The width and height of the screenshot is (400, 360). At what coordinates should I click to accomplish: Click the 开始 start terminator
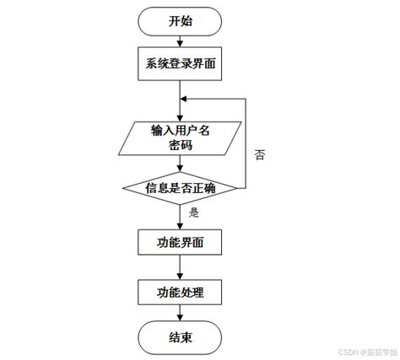(181, 21)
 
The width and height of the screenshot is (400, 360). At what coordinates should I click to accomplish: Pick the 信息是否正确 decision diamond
(181, 188)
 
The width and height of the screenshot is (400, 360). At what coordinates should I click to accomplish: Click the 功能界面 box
(181, 244)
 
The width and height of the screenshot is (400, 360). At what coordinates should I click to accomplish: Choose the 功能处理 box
(181, 293)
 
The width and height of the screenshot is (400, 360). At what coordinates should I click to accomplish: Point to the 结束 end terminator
(181, 338)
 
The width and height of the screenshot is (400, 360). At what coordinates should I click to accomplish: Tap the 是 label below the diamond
(194, 213)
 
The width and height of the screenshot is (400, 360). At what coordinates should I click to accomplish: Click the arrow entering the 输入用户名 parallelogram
(181, 110)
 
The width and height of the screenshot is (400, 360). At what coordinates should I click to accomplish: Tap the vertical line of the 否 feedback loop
(246, 143)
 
